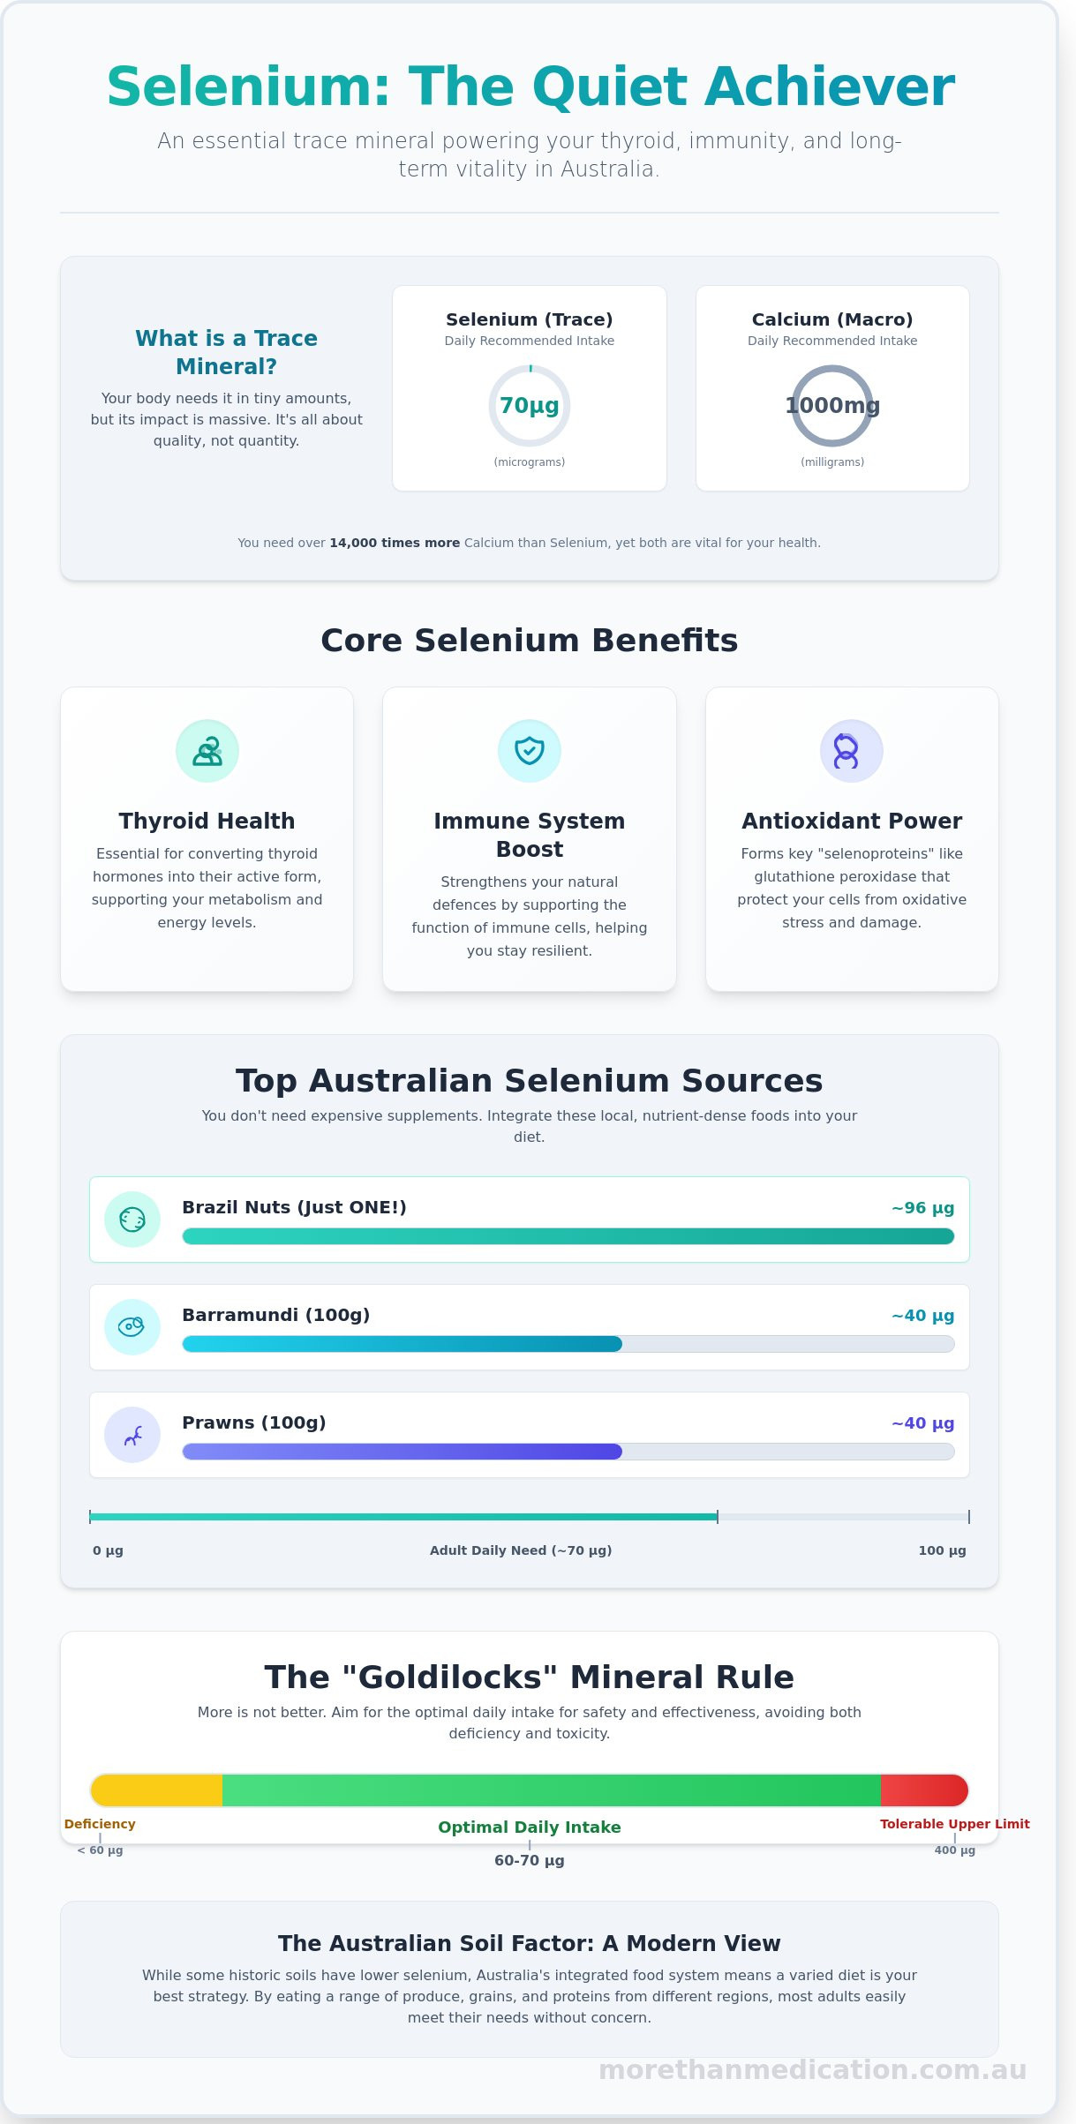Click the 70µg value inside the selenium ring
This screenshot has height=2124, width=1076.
[529, 406]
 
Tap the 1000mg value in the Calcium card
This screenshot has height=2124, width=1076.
[832, 406]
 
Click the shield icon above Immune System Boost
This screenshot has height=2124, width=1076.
[530, 751]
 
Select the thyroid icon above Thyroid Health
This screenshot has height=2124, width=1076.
[207, 751]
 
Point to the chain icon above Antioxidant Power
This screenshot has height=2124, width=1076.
[851, 751]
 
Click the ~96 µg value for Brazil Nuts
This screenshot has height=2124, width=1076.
[922, 1208]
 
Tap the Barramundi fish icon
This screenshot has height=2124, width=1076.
[132, 1326]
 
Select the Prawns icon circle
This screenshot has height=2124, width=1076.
[132, 1434]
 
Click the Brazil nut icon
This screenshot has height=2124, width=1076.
[132, 1220]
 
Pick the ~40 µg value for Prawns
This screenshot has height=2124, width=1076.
[922, 1423]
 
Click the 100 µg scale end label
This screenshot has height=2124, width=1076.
[942, 1550]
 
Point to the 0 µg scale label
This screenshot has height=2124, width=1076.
[108, 1550]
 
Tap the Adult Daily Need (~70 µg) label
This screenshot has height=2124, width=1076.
[521, 1550]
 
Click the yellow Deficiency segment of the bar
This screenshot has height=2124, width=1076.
[157, 1790]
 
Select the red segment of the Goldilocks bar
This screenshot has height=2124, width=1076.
[923, 1790]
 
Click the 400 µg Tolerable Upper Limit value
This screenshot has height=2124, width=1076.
[954, 1850]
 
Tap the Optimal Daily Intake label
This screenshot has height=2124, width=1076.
[530, 1828]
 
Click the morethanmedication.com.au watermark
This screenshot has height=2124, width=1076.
[812, 2070]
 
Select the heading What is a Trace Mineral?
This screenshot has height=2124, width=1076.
[226, 352]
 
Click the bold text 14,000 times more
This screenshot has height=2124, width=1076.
[395, 543]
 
